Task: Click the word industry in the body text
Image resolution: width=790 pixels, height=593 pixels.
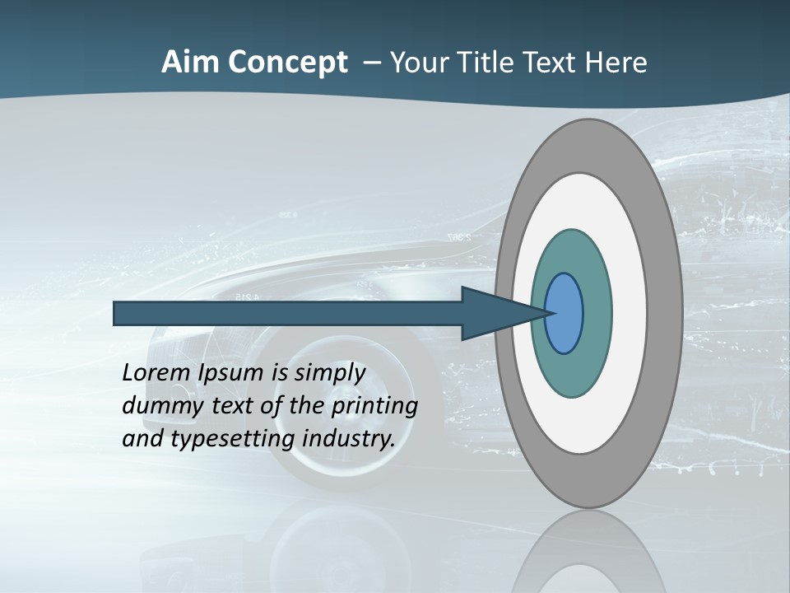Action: [x=349, y=439]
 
